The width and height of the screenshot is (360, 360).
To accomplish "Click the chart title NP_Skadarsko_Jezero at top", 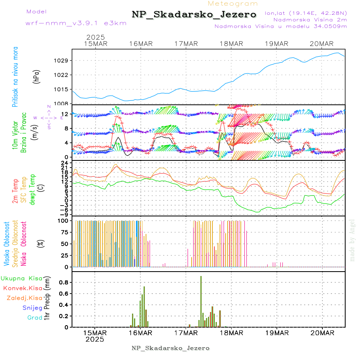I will [194, 14].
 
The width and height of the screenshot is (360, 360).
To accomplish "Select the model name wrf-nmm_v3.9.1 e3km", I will [76, 23].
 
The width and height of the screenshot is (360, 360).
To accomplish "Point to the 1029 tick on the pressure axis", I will [64, 61].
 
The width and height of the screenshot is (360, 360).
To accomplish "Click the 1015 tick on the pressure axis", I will [64, 89].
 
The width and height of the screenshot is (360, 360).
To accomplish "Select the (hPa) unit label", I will [36, 76].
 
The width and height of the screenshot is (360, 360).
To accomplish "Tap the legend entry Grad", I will [35, 318].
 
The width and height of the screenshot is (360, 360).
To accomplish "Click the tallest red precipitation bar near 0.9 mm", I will [201, 301].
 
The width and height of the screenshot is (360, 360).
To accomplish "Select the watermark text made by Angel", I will [352, 240].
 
